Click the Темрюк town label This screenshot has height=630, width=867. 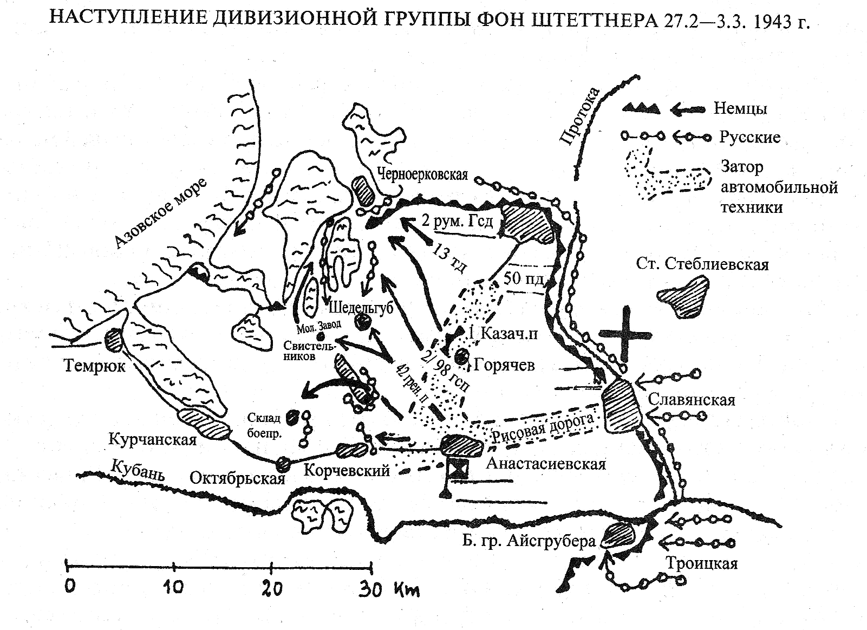click(x=94, y=365)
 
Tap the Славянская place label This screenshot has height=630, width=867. click(x=692, y=399)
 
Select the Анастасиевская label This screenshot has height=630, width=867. click(x=546, y=463)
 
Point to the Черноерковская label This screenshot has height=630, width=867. click(x=422, y=174)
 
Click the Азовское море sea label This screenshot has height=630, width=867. click(x=160, y=213)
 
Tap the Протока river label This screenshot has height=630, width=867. click(x=579, y=116)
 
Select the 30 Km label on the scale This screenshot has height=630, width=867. click(x=389, y=589)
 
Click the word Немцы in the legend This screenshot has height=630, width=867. click(x=740, y=108)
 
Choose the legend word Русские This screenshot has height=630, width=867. click(x=749, y=137)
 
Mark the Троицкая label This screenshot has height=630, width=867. click(x=702, y=563)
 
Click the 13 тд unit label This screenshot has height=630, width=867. click(x=448, y=258)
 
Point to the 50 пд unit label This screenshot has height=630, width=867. click(x=523, y=278)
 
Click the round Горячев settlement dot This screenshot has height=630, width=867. click(x=461, y=356)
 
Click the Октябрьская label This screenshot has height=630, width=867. click(x=237, y=479)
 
